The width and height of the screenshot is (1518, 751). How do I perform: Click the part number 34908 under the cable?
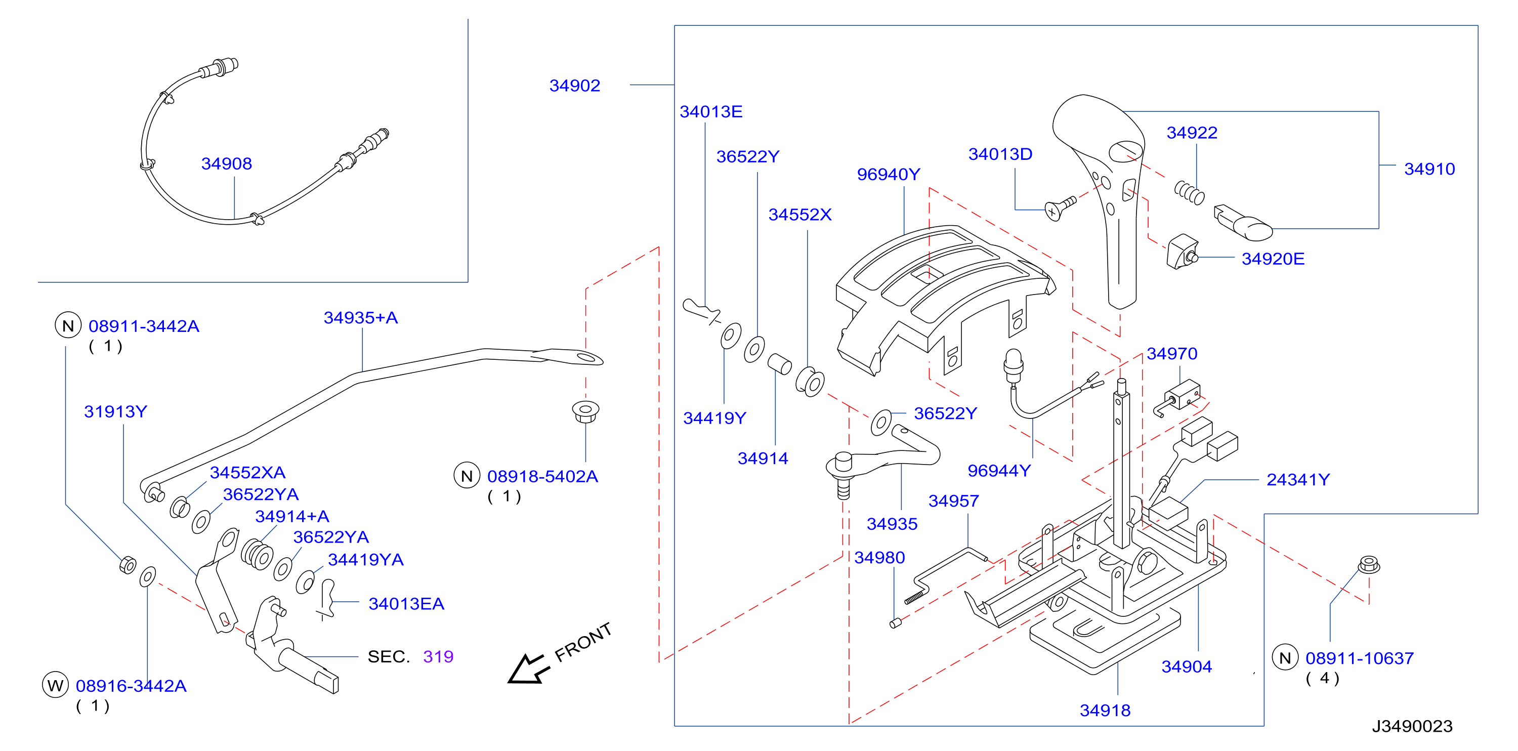coord(226,163)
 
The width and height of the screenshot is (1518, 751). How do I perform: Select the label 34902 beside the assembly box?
coord(574,86)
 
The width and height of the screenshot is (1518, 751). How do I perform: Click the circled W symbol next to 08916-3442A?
coord(55,685)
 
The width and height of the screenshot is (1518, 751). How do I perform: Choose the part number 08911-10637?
coord(1360,658)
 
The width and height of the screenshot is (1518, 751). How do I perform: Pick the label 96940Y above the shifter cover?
coord(888,175)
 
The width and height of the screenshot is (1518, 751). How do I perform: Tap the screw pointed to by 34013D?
coord(1060,208)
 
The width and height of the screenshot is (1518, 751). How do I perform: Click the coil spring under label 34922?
coord(1189,192)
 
